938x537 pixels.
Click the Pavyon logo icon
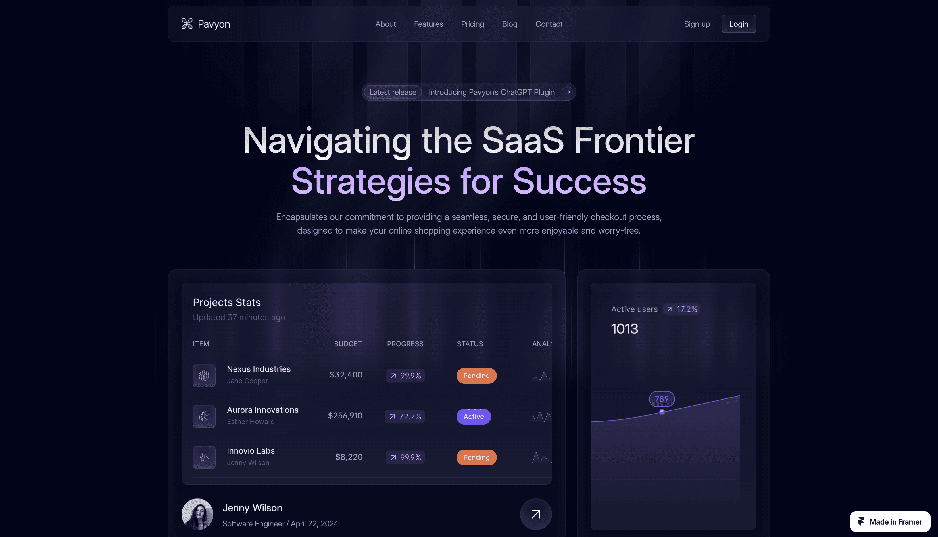187,24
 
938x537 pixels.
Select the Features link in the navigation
428,24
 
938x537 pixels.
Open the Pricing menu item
472,24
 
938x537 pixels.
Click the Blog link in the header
509,24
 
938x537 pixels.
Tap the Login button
739,24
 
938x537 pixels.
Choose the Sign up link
697,24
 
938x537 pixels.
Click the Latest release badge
393,92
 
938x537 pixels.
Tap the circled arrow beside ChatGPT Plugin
567,92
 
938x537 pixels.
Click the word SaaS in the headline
523,140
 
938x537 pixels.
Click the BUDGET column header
348,344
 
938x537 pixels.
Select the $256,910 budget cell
345,416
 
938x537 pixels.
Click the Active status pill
474,416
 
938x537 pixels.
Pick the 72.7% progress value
405,416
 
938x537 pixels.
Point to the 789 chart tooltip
662,399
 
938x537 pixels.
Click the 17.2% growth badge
681,309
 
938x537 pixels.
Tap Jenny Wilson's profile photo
197,514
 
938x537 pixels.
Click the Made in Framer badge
890,521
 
